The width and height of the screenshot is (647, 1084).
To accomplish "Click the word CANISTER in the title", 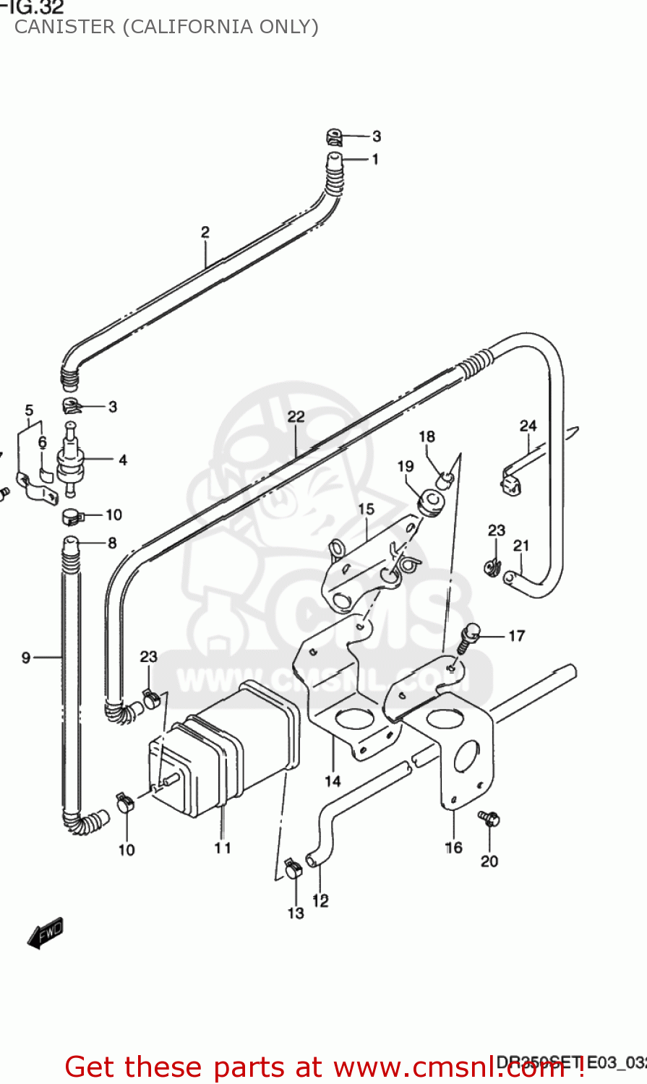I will (64, 27).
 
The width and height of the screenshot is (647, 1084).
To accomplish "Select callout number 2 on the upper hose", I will (205, 232).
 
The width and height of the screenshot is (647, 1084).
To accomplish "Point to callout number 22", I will (296, 416).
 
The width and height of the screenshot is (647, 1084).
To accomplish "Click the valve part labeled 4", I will (71, 460).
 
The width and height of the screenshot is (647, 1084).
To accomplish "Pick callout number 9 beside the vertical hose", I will (26, 657).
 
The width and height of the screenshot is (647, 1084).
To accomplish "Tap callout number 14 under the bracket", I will (333, 780).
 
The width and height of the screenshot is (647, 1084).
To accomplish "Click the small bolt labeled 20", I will (489, 819).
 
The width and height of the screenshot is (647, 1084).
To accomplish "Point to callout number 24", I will (528, 426).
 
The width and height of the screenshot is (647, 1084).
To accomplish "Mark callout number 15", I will (367, 509).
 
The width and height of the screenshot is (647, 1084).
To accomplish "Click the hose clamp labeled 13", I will (293, 868).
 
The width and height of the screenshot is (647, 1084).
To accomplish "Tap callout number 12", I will (320, 900).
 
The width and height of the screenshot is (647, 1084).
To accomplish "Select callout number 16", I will (453, 847).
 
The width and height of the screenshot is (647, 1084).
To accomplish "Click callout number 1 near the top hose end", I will (375, 159).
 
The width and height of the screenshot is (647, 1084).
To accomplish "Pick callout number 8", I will (112, 542).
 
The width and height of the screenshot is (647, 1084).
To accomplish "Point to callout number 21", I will (521, 546).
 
